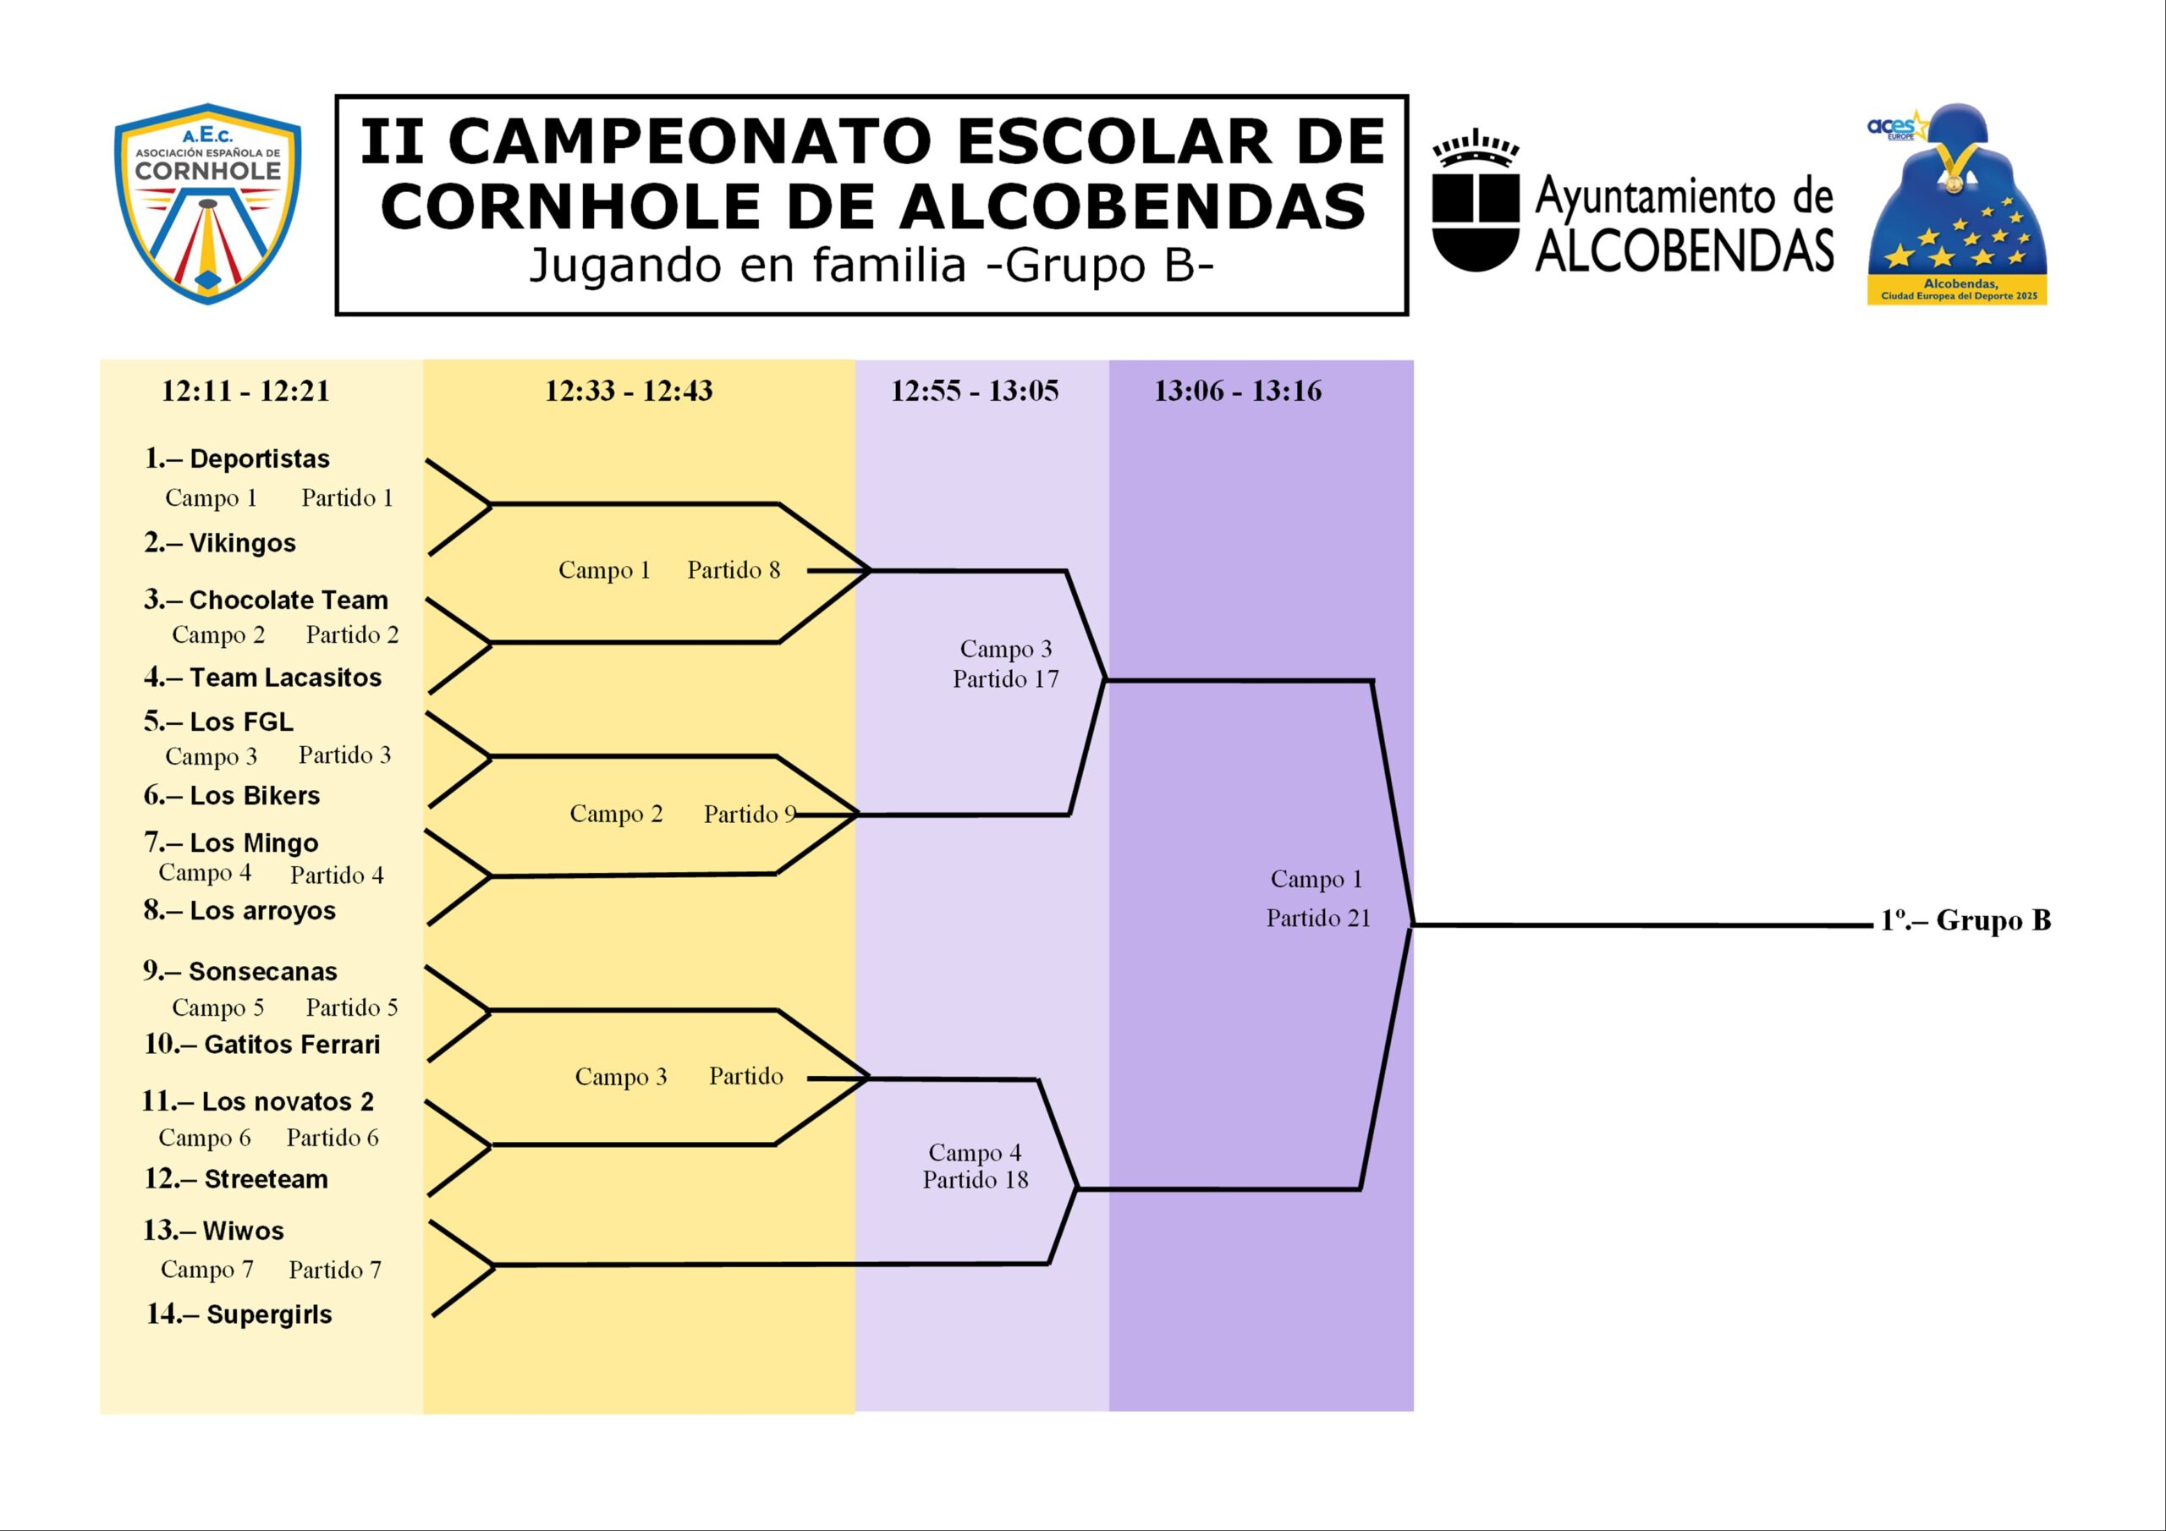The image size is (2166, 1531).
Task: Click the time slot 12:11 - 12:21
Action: coord(245,391)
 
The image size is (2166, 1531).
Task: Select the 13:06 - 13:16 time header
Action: coord(1238,391)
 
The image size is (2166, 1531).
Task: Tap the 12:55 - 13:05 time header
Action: coord(975,391)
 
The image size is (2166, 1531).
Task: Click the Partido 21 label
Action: coord(1318,918)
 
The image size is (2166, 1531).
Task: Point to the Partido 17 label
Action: coord(1006,679)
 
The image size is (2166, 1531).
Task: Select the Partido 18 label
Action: coord(976,1180)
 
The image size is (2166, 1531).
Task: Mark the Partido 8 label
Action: coord(734,570)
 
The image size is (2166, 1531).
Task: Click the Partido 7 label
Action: coord(335,1270)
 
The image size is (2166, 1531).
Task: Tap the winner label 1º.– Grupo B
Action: coord(1966,920)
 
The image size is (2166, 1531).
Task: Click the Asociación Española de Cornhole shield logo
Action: coord(207,204)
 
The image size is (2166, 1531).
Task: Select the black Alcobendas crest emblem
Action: coord(1476,205)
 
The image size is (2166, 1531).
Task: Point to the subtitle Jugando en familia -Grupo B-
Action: coord(870,265)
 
